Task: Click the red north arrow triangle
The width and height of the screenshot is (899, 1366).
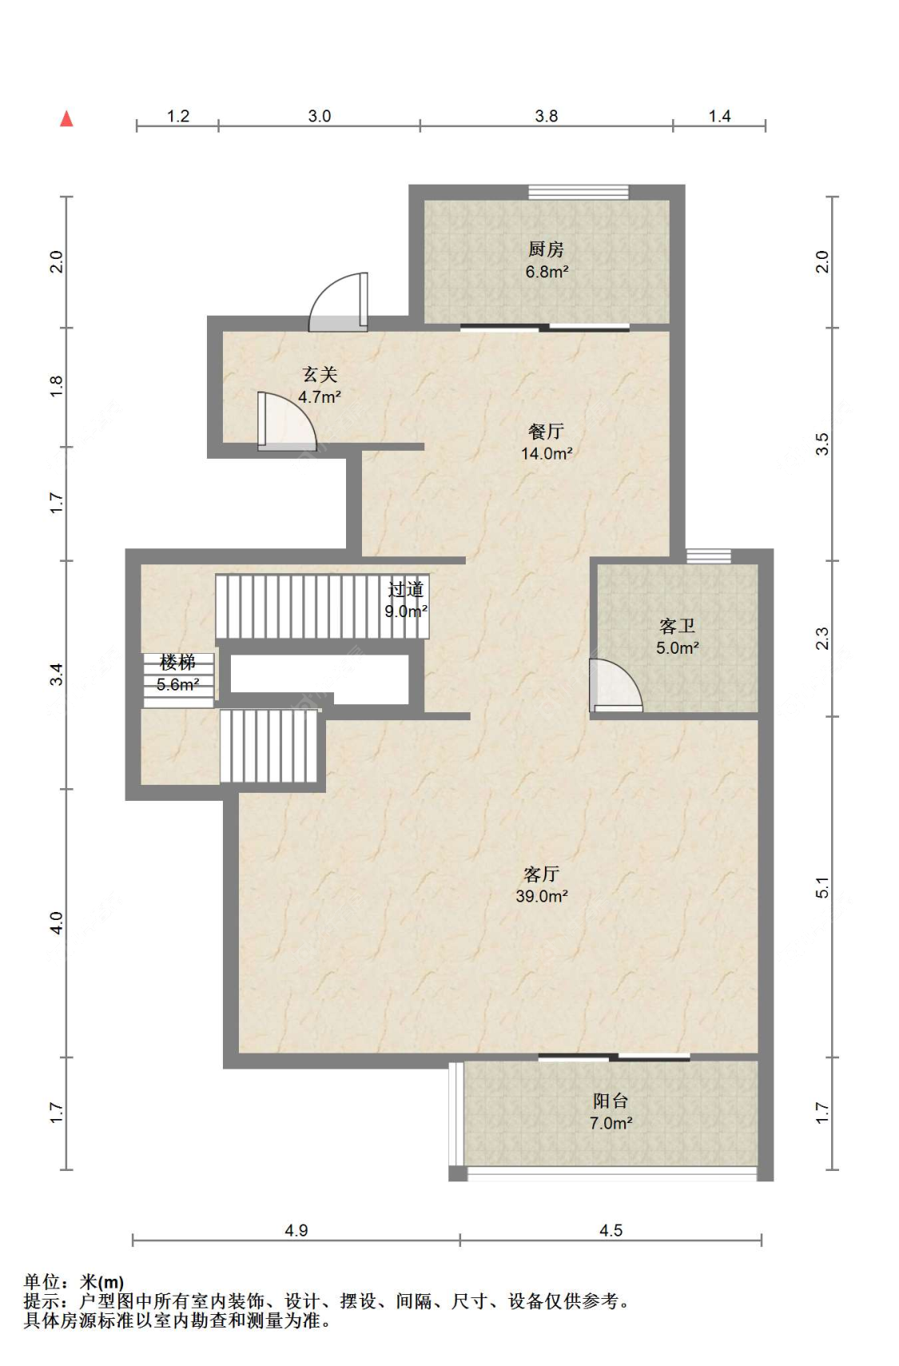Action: (x=66, y=118)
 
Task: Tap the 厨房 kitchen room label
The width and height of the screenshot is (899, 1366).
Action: (x=546, y=249)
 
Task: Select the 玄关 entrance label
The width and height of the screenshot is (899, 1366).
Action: (x=320, y=374)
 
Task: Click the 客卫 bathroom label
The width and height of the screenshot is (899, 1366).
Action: (x=677, y=626)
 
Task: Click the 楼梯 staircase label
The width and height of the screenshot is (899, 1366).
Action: (x=177, y=663)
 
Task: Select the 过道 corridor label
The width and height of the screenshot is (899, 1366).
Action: (x=405, y=589)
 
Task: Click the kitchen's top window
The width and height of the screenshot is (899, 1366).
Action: (x=578, y=192)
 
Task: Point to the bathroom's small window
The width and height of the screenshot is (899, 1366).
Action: (x=708, y=556)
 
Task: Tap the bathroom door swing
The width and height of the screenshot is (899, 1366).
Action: (x=615, y=686)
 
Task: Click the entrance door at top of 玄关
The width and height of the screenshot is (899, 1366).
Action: (x=339, y=302)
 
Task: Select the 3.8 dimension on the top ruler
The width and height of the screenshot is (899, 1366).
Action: (x=546, y=116)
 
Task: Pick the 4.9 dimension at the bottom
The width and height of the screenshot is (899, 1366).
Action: (x=296, y=1231)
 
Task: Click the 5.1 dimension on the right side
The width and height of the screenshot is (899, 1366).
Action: (x=822, y=887)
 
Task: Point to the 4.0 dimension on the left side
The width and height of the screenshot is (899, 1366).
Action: (x=56, y=922)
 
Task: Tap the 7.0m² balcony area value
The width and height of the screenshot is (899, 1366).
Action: (x=611, y=1123)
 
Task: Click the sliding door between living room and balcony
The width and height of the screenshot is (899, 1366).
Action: (x=615, y=1057)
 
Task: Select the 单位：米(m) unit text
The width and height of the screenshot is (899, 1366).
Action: (x=74, y=1282)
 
